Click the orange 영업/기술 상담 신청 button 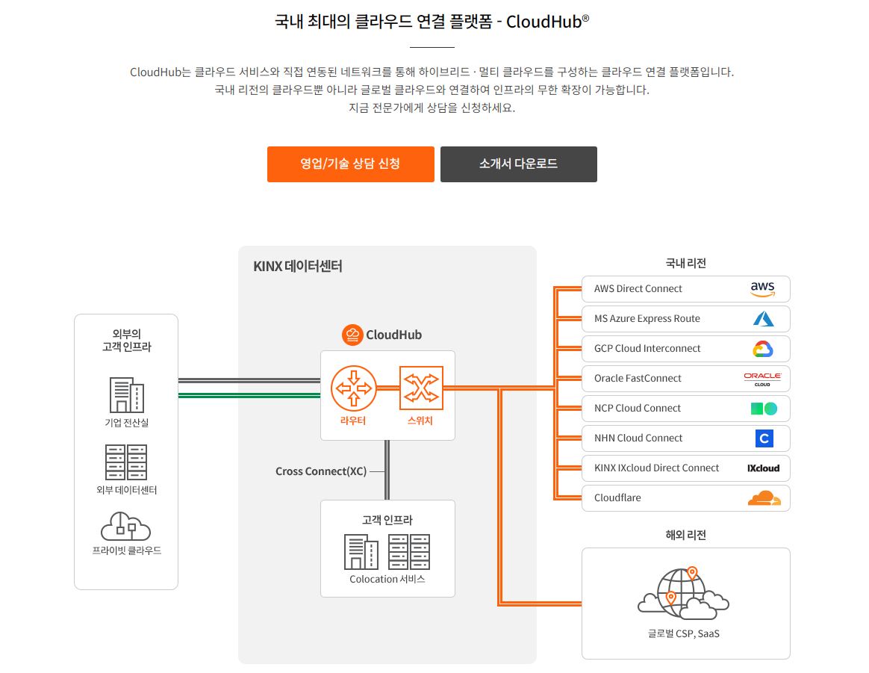[x=350, y=164]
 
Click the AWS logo [x=762, y=288]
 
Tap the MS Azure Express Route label [x=647, y=318]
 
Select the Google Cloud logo [x=762, y=349]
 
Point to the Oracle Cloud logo [x=762, y=379]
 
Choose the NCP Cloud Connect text [x=637, y=408]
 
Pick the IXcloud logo [x=763, y=468]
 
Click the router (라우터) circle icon [x=352, y=388]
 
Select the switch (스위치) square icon [x=421, y=388]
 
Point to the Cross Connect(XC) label [x=320, y=471]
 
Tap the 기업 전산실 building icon [x=126, y=394]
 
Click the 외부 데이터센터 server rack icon [x=126, y=462]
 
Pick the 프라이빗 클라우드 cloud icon [x=125, y=526]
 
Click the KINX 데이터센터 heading [x=298, y=266]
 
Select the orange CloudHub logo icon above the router [x=352, y=335]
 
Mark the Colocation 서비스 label [x=387, y=579]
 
